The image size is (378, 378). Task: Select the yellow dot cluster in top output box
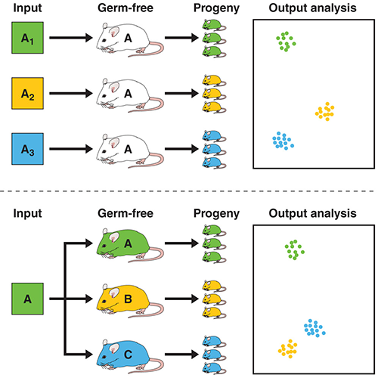325,112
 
